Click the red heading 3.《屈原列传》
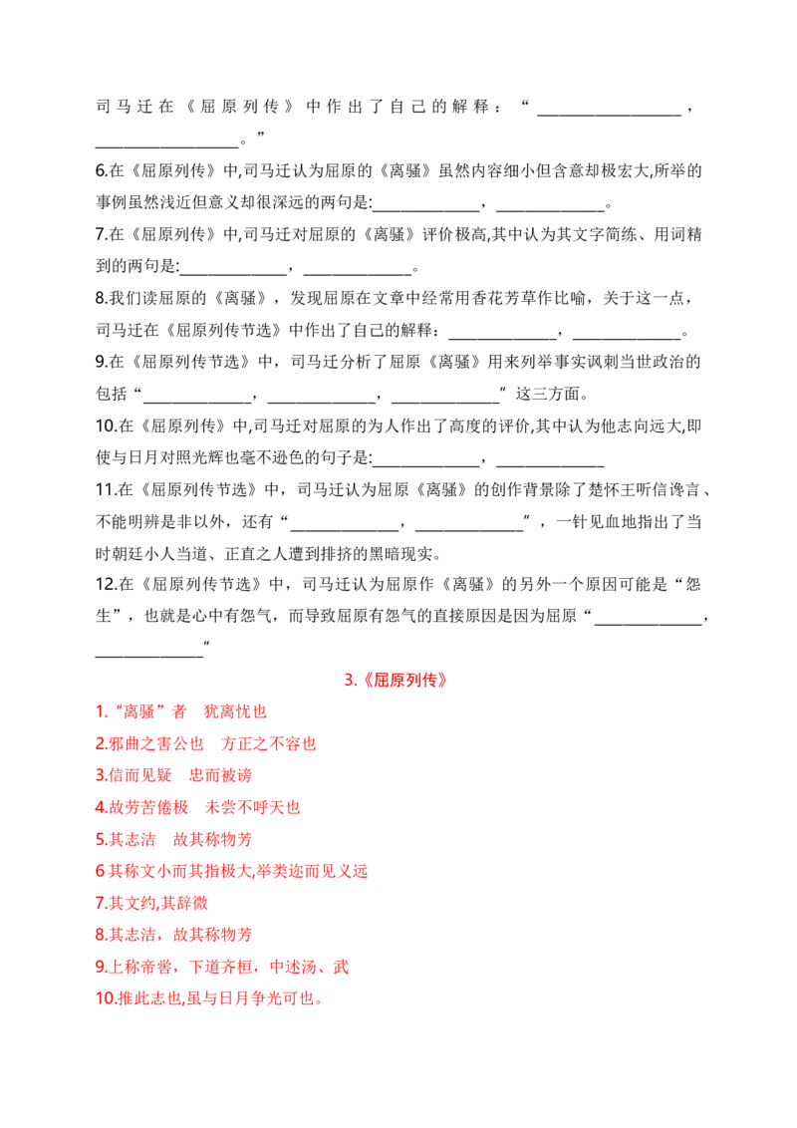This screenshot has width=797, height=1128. point(396,680)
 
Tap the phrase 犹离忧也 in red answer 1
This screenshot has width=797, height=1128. point(235,711)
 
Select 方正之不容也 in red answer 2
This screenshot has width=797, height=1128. point(268,743)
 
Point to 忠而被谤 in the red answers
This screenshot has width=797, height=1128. point(220,775)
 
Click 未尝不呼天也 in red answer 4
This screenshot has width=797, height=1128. point(252,807)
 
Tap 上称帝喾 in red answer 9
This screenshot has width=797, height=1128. point(139,967)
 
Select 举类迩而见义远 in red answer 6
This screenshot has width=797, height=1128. point(312,871)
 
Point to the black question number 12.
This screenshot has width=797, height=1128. point(105,584)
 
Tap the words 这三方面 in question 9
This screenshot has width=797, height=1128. point(547,394)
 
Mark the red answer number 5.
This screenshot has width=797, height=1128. point(102,839)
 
